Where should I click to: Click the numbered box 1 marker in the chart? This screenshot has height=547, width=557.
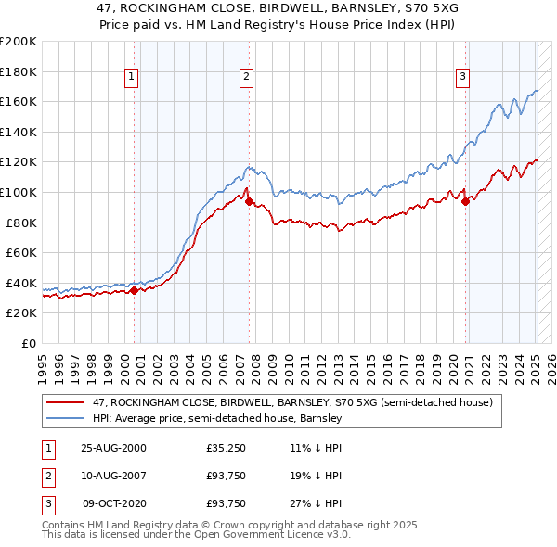tap(132, 78)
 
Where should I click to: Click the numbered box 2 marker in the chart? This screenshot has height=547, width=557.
tap(247, 78)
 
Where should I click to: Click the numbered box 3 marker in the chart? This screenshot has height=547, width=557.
tap(463, 78)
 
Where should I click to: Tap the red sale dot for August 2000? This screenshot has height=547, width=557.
tap(134, 290)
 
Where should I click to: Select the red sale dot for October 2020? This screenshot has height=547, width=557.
tap(465, 202)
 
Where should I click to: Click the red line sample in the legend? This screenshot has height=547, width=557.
tap(66, 402)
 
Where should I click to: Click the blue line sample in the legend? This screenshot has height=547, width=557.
tap(66, 419)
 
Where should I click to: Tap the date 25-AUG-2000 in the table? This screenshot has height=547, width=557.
tap(114, 448)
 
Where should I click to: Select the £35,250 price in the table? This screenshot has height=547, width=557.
tap(226, 448)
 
